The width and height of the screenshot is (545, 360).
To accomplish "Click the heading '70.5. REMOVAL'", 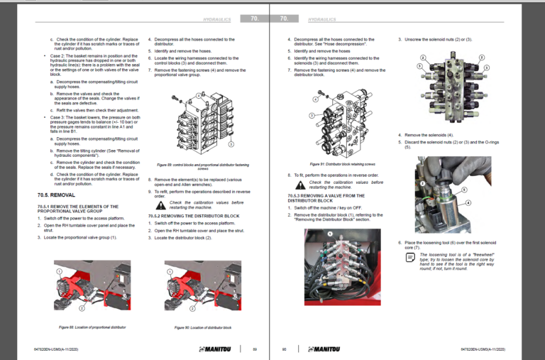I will click(56, 194).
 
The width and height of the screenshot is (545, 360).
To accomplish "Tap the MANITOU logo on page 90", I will click(317, 349).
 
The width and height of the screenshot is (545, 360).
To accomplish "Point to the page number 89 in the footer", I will click(254, 349).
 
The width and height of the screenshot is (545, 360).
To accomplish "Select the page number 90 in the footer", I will click(285, 349).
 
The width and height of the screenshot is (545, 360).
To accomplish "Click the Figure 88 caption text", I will click(82, 327).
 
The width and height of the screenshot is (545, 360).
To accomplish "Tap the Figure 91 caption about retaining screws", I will click(332, 165).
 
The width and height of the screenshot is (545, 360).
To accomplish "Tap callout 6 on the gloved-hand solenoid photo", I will click(464, 190).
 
